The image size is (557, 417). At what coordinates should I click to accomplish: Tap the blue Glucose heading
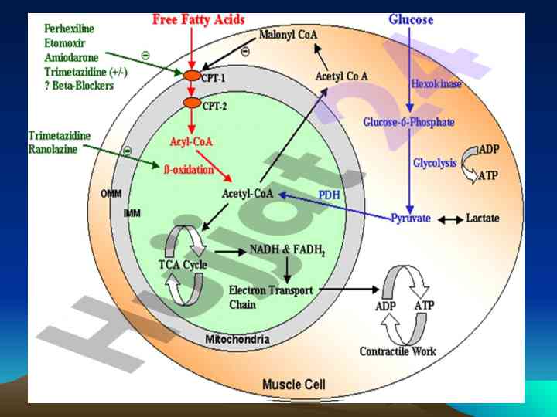(x=410, y=19)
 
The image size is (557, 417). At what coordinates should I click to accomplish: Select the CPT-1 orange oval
(x=191, y=76)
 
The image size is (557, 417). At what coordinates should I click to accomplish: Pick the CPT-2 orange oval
(x=191, y=103)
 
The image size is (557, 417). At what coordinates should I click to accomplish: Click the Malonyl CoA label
(x=289, y=35)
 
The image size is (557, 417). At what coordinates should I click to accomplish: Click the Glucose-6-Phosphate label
(x=408, y=122)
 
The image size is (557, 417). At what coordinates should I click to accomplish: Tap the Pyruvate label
(x=411, y=219)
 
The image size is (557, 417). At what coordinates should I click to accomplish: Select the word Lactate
(x=483, y=219)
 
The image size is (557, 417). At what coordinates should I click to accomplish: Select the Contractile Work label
(x=398, y=351)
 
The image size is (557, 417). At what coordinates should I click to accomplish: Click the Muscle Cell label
(x=294, y=384)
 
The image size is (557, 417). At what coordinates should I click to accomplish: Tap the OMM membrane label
(x=111, y=193)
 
